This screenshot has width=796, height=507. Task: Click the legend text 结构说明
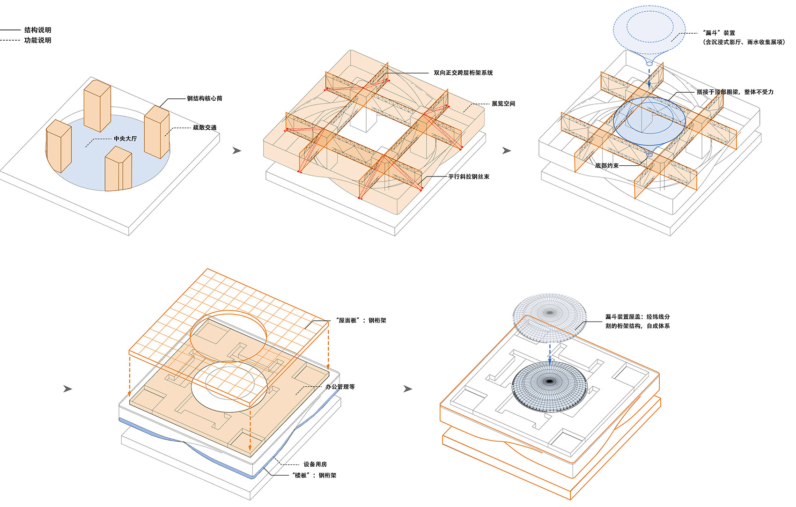pyautogui.click(x=37, y=30)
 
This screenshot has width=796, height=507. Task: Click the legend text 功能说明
pyautogui.click(x=37, y=40)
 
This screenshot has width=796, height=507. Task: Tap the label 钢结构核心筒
pyautogui.click(x=205, y=98)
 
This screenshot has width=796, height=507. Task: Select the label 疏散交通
pyautogui.click(x=205, y=127)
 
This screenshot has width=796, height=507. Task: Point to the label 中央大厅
pyautogui.click(x=125, y=139)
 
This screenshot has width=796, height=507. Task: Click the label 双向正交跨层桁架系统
pyautogui.click(x=463, y=73)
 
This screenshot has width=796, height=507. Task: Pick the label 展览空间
pyautogui.click(x=503, y=103)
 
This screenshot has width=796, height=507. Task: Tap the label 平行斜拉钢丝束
pyautogui.click(x=469, y=176)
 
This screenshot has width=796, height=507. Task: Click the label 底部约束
pyautogui.click(x=607, y=166)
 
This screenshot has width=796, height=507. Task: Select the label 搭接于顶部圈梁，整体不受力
pyautogui.click(x=735, y=92)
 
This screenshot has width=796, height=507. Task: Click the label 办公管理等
pyautogui.click(x=340, y=387)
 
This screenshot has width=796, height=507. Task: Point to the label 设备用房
pyautogui.click(x=315, y=464)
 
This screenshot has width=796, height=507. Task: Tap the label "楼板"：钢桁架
pyautogui.click(x=314, y=475)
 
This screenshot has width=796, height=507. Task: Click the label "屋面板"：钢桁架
pyautogui.click(x=361, y=320)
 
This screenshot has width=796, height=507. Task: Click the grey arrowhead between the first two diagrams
pyautogui.click(x=237, y=150)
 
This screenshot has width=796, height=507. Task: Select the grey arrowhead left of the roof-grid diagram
pyautogui.click(x=68, y=389)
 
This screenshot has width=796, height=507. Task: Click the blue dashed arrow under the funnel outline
pyautogui.click(x=649, y=77)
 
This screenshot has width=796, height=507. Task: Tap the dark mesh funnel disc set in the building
pyautogui.click(x=549, y=386)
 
